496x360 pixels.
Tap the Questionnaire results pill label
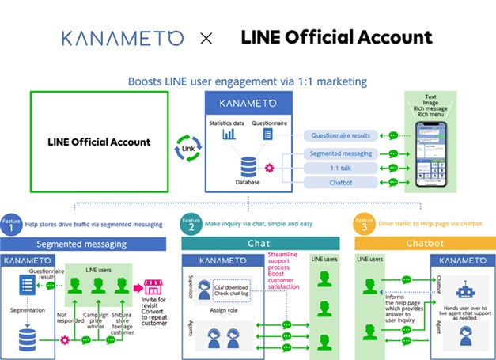coord(341,135)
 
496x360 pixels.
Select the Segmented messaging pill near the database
coord(341,153)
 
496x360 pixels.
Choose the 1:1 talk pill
coord(341,168)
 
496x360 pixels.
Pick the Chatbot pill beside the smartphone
coord(341,183)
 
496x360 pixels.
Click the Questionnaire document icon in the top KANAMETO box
coord(267,135)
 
